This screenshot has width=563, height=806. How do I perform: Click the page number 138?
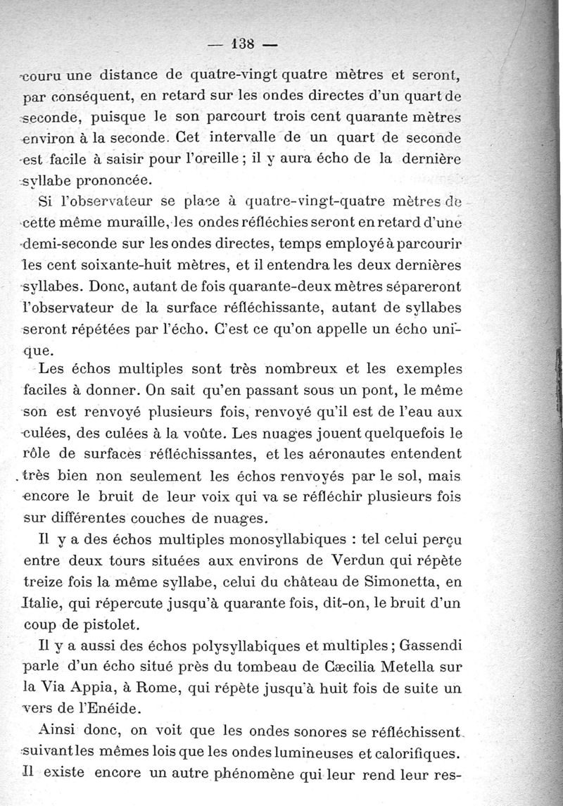243,42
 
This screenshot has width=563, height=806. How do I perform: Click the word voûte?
198,434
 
